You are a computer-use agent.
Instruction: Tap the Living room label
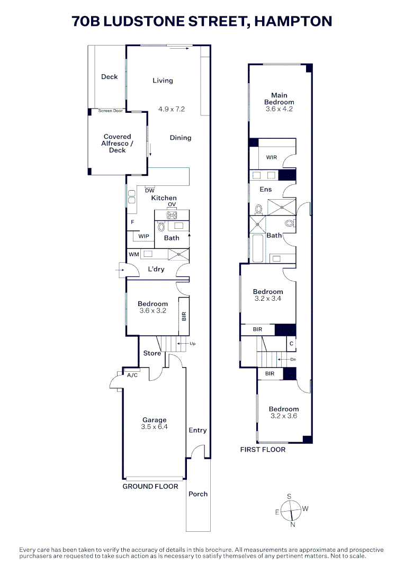pyautogui.click(x=163, y=81)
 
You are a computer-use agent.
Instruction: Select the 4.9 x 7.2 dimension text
pyautogui.click(x=171, y=110)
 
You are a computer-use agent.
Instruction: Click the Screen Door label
pyautogui.click(x=110, y=111)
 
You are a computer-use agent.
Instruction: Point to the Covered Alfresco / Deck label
pyautogui.click(x=117, y=144)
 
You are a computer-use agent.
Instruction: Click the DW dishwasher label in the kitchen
pyautogui.click(x=149, y=190)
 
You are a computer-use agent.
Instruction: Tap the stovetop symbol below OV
pyautogui.click(x=172, y=215)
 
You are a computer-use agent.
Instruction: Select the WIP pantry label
pyautogui.click(x=143, y=236)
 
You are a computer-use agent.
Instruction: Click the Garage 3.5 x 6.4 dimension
pyautogui.click(x=154, y=427)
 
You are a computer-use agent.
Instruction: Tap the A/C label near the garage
pyautogui.click(x=132, y=375)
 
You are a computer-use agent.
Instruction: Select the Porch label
pyautogui.click(x=198, y=494)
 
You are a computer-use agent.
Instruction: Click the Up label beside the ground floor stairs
pyautogui.click(x=193, y=344)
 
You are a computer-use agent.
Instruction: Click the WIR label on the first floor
pyautogui.click(x=271, y=157)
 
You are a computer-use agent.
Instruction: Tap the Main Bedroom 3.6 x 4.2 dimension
pyautogui.click(x=279, y=109)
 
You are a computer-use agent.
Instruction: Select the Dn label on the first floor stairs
pyautogui.click(x=293, y=359)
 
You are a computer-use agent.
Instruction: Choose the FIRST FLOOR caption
pyautogui.click(x=263, y=450)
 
